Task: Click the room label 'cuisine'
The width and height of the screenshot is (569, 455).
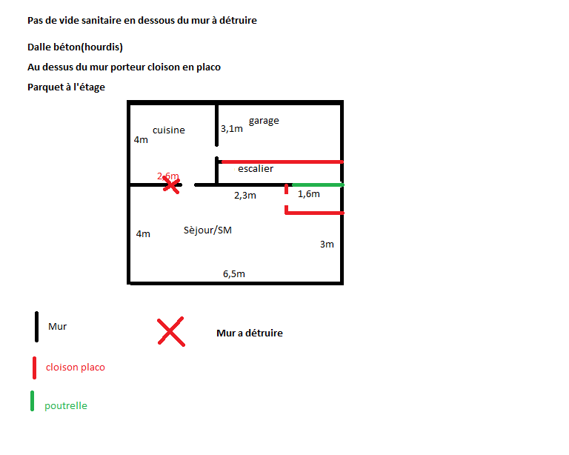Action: [169, 130]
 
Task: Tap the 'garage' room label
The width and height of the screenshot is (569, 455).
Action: [264, 121]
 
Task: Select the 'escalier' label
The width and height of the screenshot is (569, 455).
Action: [256, 169]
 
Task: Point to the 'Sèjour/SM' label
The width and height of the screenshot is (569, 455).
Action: [207, 230]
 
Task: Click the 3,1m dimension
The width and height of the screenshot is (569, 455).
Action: [232, 129]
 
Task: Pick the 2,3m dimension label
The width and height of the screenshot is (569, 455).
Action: [244, 196]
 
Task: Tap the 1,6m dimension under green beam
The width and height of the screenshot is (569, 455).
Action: [308, 194]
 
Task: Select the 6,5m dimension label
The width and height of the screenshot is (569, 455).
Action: [234, 273]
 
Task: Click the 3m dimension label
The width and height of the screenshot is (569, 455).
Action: [327, 245]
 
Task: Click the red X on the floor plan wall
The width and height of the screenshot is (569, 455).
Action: [172, 184]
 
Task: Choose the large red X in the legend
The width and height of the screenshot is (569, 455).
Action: [170, 331]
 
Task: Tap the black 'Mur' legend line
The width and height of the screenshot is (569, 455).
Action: [36, 327]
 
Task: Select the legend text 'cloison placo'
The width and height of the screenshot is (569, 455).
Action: [75, 367]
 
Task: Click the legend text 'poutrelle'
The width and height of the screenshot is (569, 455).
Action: [66, 406]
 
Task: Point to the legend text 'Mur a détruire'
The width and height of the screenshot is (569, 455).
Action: [250, 333]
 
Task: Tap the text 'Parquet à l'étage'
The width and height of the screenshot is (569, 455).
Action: [66, 87]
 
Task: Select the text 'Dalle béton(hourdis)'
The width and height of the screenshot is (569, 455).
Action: [75, 47]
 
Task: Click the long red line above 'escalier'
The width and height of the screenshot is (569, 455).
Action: [282, 161]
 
